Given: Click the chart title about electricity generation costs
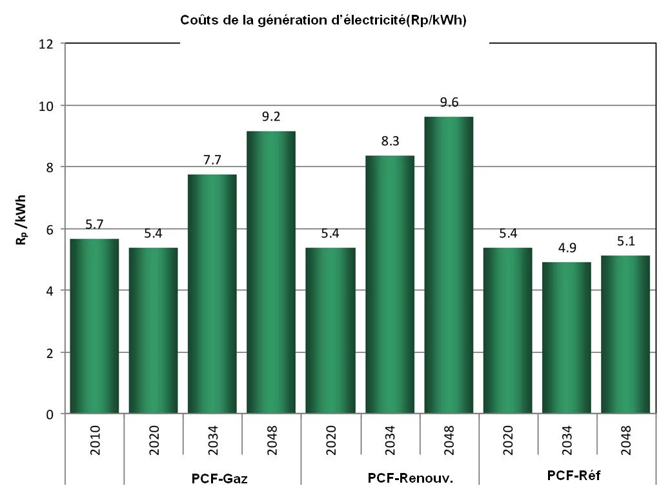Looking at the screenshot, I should click(x=323, y=21).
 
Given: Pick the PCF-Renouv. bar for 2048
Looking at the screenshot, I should click(x=449, y=265).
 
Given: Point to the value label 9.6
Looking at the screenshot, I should click(x=449, y=103).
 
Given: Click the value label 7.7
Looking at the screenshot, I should click(x=212, y=161).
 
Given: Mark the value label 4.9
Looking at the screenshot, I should click(x=566, y=248).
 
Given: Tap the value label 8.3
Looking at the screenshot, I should click(x=389, y=142).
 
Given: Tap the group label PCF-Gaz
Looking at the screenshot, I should click(x=219, y=479).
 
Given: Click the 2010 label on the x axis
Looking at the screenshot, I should click(x=96, y=439).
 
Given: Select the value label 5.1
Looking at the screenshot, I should click(x=625, y=242).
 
